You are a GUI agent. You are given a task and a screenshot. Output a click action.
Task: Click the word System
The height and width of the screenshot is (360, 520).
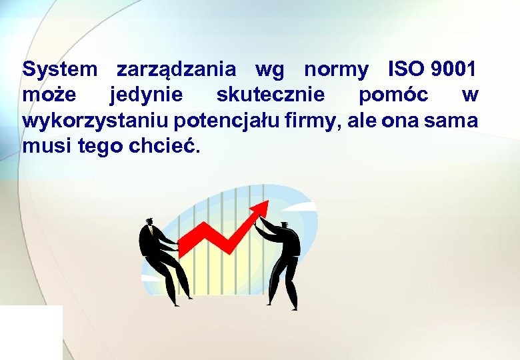coord(60,69)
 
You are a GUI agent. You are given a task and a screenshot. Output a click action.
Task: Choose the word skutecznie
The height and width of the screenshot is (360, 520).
coord(271,95)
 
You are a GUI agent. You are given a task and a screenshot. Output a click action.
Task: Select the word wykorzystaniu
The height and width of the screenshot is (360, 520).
coord(96,122)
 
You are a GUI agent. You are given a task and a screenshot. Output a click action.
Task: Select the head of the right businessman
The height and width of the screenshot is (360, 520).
coord(285,227)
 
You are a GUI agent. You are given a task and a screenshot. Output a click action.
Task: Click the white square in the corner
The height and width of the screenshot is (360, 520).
coord(31,332)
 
